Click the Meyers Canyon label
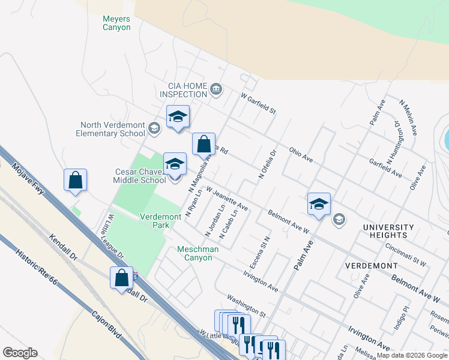(116, 23)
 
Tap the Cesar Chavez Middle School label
(140, 176)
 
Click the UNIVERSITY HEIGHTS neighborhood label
(388, 231)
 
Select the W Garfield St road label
(258, 103)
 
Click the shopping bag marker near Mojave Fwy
(75, 180)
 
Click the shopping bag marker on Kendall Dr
(121, 278)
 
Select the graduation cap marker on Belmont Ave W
(318, 203)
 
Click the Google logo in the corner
(20, 353)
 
